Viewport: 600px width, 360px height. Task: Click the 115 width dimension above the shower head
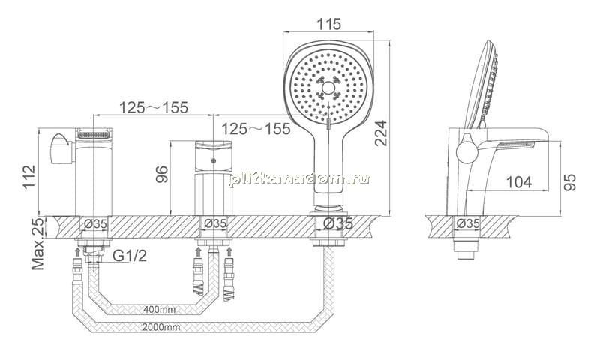coord(328,24)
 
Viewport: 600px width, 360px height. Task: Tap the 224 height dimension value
coord(381,133)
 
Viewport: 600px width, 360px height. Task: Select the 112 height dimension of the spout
coord(29,176)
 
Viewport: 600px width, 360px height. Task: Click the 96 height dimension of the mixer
coord(162,175)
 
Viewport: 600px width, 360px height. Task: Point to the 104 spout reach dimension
coord(519,182)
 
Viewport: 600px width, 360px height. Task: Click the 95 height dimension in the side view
coord(570,182)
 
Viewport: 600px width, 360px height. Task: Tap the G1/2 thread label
coord(130,255)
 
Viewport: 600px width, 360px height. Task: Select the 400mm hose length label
coord(160,309)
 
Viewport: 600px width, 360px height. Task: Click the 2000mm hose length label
coord(161,327)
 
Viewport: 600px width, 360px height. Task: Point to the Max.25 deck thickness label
coord(38,244)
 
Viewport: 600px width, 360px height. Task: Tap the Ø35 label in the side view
coord(468,223)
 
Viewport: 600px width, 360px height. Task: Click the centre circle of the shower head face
coord(328,88)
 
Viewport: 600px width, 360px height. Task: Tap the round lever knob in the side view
coord(467,153)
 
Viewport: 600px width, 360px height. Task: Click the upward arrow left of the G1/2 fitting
coord(78,251)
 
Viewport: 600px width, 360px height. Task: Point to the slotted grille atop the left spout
coord(93,134)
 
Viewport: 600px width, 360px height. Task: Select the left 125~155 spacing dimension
coord(154,107)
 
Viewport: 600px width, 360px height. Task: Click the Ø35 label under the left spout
coord(95,223)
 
